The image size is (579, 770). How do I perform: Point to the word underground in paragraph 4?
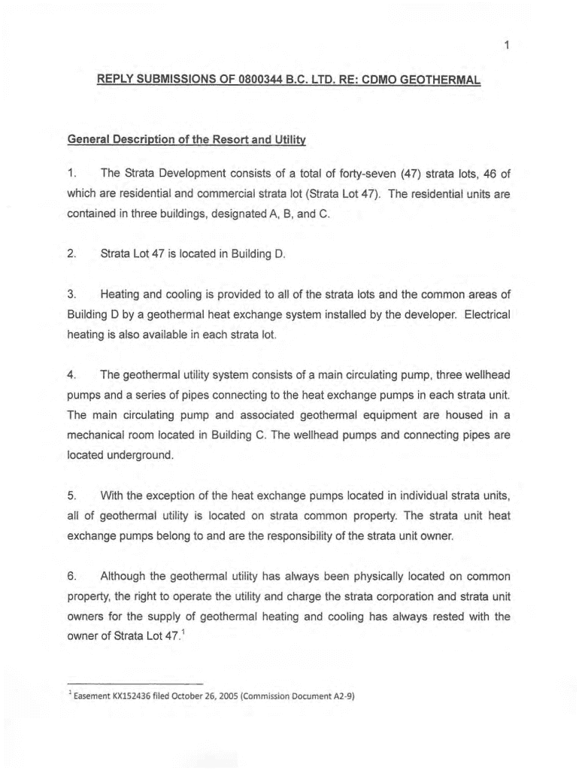point(136,455)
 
